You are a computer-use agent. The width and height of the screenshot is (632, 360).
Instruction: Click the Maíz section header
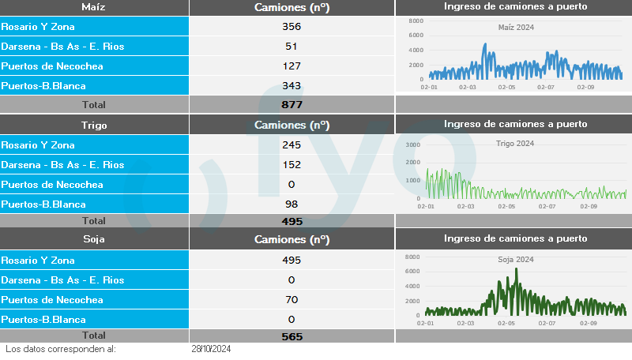(x=94, y=7)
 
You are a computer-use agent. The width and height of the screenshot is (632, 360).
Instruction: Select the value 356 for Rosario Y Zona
(x=292, y=26)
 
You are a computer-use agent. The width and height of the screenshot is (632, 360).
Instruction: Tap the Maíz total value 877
(x=292, y=104)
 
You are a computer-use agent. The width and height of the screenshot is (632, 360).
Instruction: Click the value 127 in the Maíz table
(x=292, y=66)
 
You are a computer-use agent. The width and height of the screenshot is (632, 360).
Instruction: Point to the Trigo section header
(x=94, y=125)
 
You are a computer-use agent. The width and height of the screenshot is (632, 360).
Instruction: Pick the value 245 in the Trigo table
(x=292, y=144)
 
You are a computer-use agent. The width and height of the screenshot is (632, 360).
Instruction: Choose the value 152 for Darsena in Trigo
(x=292, y=164)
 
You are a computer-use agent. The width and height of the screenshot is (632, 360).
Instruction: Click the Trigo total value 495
(x=292, y=221)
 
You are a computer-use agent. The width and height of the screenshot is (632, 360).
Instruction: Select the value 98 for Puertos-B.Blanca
(x=292, y=204)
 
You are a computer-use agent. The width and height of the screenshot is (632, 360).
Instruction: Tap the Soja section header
(x=94, y=238)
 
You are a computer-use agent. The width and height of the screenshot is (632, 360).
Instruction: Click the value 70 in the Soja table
(x=292, y=299)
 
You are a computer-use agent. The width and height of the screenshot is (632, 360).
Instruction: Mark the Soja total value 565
(x=292, y=336)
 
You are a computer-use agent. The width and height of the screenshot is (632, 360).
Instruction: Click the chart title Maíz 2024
(x=516, y=28)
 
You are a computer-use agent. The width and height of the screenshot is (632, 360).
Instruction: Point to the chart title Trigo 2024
(x=515, y=144)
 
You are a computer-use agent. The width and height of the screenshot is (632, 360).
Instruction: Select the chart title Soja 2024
(x=516, y=259)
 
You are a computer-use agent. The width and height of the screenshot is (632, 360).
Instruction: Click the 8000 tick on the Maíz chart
(x=416, y=21)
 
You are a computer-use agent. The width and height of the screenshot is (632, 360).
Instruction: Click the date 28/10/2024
(x=210, y=348)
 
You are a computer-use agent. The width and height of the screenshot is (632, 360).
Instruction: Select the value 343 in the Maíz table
(x=292, y=85)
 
